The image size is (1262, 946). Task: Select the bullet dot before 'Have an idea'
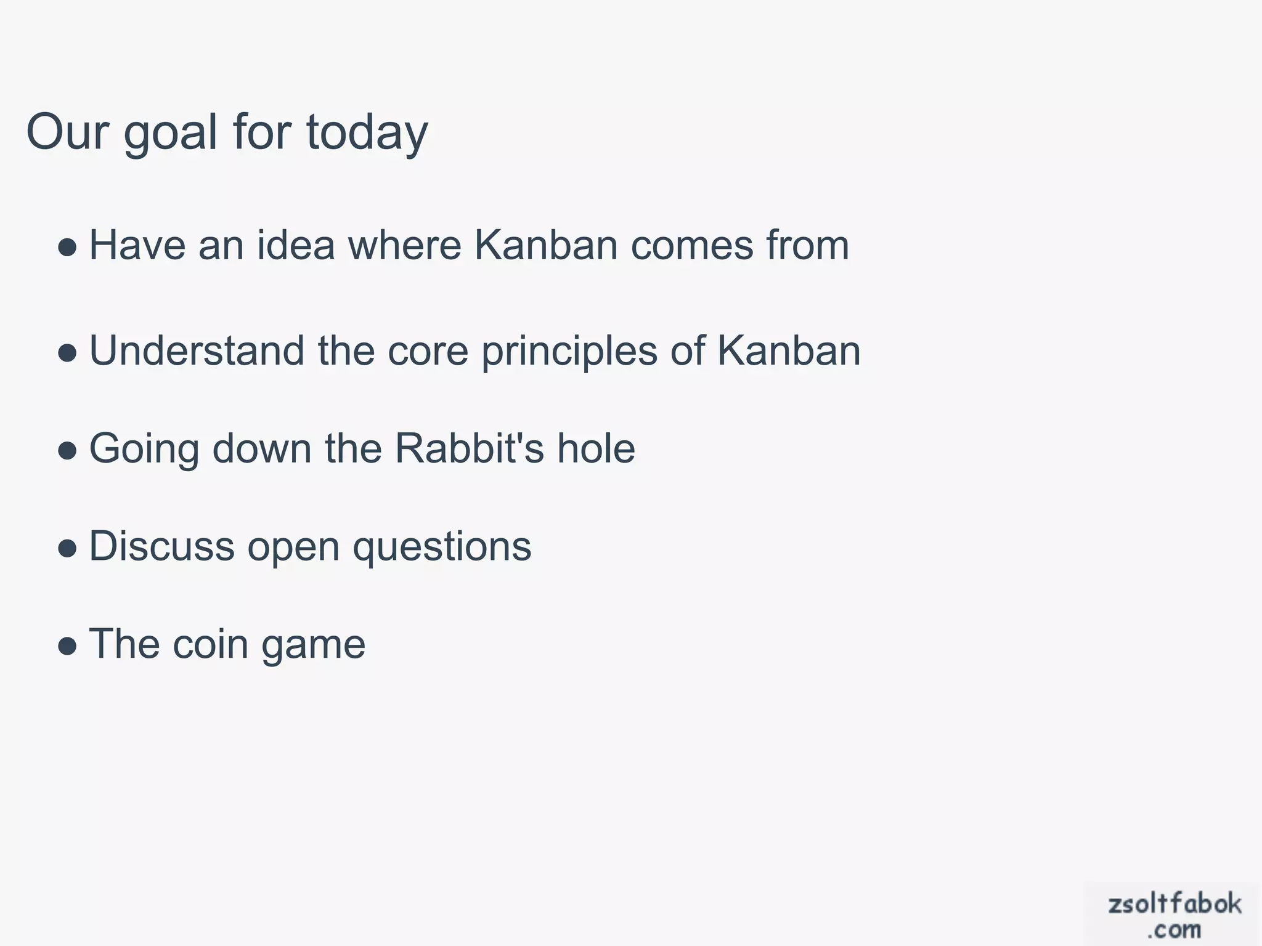67,248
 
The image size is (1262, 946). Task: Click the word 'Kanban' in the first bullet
546,245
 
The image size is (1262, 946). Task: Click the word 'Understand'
197,350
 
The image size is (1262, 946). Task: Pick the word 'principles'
569,352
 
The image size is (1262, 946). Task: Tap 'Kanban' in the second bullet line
789,350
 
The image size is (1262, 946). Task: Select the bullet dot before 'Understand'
67,353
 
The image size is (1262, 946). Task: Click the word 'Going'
144,449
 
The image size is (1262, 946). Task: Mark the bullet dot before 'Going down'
67,451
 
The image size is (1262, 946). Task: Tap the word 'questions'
442,547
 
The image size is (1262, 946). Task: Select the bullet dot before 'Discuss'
67,549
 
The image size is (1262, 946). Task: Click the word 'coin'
210,644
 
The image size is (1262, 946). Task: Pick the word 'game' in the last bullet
314,645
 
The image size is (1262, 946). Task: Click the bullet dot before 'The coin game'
67,647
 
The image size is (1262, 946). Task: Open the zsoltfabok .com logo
1174,914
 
